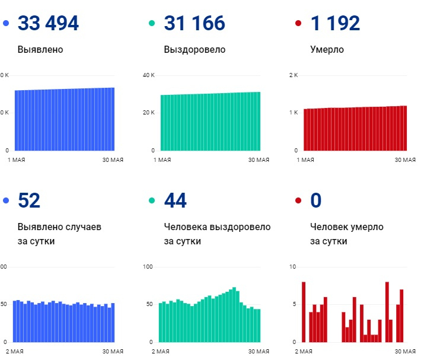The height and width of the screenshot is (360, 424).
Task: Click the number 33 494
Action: [48, 24]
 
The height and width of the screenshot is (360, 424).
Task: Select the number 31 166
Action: [195, 24]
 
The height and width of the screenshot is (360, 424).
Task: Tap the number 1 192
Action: [335, 24]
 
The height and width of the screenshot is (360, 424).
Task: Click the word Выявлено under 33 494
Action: [40, 50]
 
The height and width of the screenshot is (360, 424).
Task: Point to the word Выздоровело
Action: [195, 50]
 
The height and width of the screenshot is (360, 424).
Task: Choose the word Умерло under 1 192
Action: [327, 50]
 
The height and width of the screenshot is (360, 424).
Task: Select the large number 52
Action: [29, 201]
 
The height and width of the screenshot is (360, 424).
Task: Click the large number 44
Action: [176, 201]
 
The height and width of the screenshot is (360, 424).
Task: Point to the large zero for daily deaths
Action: [316, 201]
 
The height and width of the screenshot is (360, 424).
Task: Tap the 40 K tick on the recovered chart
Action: [148, 75]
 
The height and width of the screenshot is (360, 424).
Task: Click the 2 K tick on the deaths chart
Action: [294, 75]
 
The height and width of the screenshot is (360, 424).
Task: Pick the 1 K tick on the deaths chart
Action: [294, 113]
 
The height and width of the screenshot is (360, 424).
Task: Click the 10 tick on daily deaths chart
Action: [292, 267]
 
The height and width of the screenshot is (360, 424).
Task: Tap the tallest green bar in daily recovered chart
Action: [235, 315]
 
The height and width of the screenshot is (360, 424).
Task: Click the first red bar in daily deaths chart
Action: [304, 312]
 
